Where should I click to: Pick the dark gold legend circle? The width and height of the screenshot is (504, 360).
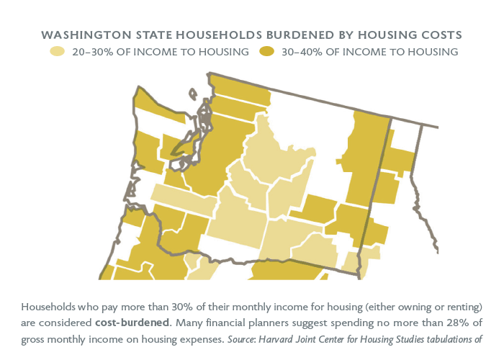tap(267, 51)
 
